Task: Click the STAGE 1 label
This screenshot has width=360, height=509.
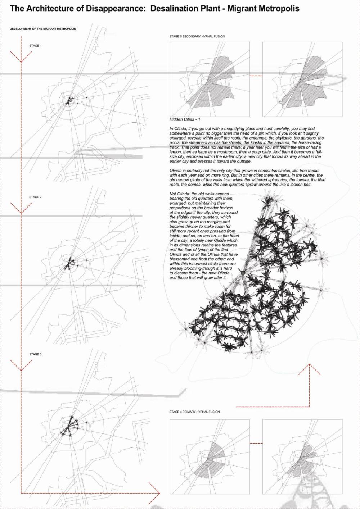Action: [x=35, y=46]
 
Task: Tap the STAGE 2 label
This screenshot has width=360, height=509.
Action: [x=35, y=197]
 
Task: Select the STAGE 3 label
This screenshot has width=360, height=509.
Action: [x=35, y=354]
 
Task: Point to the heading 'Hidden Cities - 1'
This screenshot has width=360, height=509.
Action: [x=185, y=119]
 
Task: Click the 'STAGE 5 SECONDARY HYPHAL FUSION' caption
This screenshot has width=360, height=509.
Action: [x=197, y=36]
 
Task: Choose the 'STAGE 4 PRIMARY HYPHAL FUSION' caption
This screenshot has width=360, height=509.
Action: [x=194, y=412]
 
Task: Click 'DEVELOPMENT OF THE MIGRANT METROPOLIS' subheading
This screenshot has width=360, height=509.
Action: [x=42, y=29]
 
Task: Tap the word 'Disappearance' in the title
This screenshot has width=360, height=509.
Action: [x=116, y=8]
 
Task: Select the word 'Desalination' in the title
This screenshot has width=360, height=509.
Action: [x=174, y=8]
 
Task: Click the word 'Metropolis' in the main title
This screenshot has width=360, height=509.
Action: [x=278, y=8]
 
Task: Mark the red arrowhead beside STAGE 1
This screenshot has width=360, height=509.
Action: [x=21, y=58]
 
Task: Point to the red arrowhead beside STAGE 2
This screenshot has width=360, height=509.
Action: [x=21, y=209]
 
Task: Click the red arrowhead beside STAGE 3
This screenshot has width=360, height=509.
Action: [x=21, y=366]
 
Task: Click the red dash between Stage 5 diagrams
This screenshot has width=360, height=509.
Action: [x=256, y=76]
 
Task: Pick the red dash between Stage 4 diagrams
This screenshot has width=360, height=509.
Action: [x=256, y=443]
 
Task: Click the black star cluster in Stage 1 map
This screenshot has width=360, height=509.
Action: [x=68, y=101]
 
